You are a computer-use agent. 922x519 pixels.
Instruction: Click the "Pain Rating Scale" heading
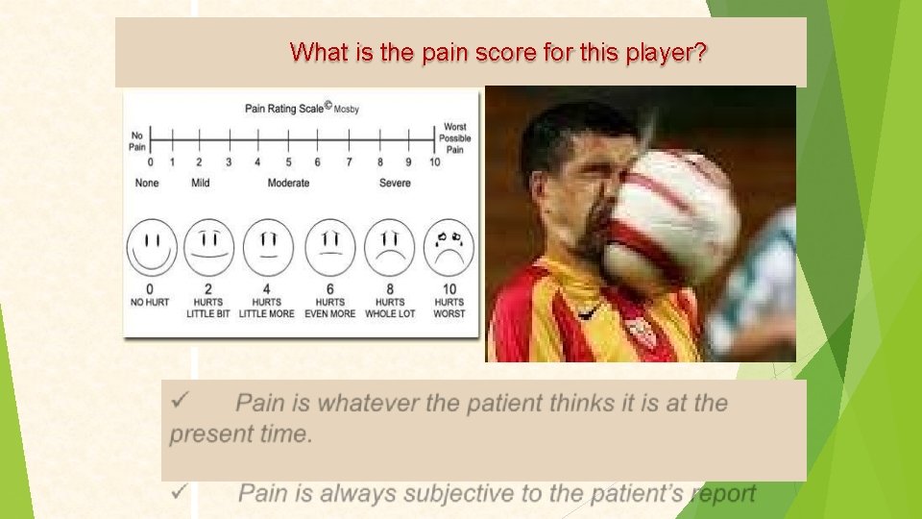[284, 109]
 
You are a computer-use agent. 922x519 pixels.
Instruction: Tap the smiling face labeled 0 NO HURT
[151, 247]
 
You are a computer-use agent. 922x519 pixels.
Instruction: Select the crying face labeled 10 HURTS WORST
[449, 247]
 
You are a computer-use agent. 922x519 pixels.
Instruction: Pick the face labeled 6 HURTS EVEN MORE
[329, 247]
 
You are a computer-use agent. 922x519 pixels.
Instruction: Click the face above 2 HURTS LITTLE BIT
[208, 247]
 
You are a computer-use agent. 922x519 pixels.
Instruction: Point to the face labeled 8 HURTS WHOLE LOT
[389, 247]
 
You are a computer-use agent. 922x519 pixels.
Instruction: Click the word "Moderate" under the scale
[288, 183]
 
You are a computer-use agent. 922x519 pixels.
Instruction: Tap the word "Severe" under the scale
[394, 183]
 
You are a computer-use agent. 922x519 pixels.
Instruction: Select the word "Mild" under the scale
[200, 183]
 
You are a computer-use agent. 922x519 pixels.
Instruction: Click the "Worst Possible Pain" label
[455, 138]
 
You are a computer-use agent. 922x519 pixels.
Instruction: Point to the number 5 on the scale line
[288, 162]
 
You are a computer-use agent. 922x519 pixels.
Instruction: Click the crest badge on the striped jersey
[641, 332]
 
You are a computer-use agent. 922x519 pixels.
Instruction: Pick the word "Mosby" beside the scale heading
[347, 110]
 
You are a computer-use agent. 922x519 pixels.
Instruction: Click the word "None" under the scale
[147, 183]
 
